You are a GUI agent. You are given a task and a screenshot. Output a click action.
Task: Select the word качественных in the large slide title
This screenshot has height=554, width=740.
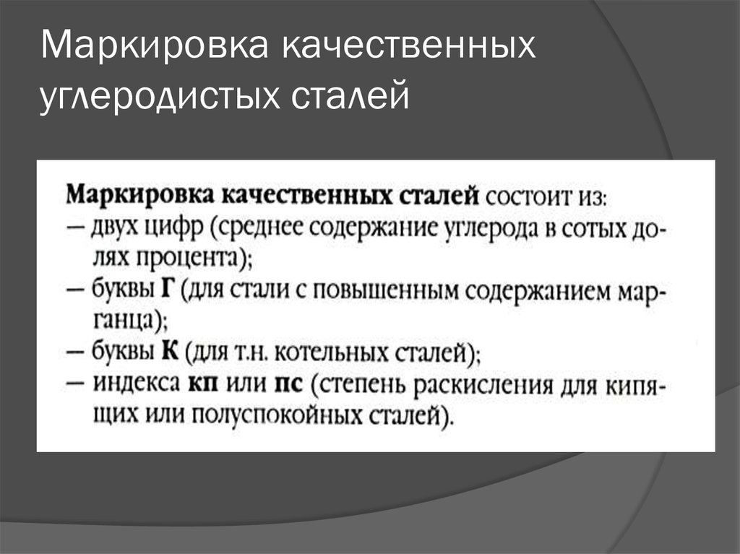tap(409, 46)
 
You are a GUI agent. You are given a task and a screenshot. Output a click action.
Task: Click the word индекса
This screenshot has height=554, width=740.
tap(137, 383)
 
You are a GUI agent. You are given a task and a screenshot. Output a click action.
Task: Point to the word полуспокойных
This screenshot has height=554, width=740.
tap(278, 415)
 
